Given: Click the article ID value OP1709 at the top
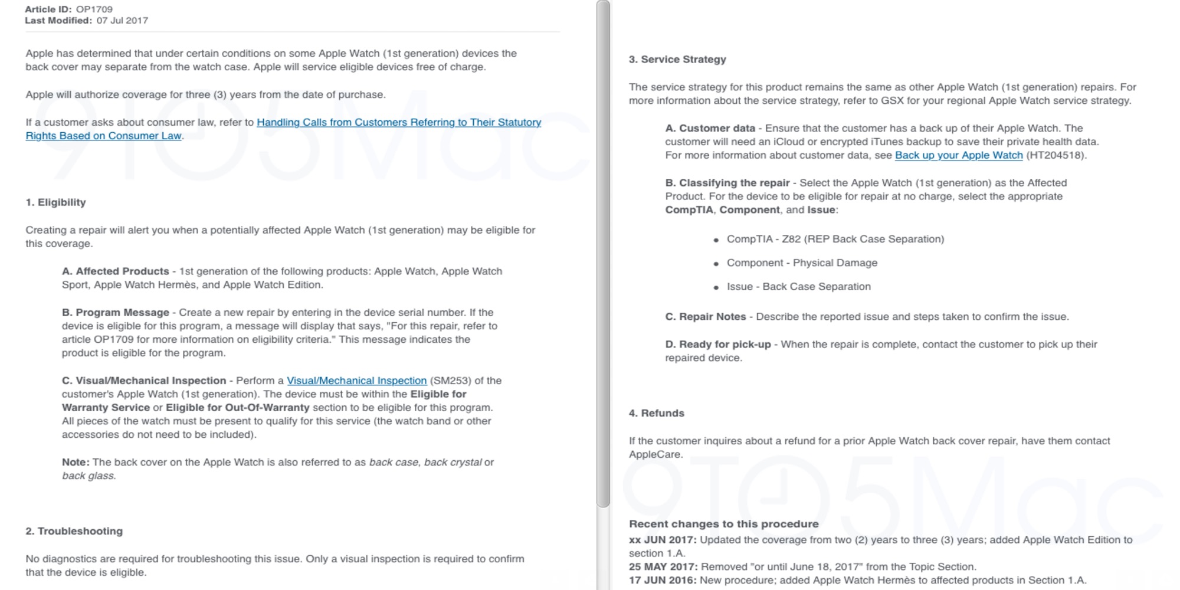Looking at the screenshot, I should point(94,9).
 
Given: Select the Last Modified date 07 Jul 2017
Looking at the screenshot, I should point(122,21).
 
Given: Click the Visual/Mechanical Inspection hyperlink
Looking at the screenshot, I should point(356,381).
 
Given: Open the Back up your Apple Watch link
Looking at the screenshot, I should point(959,156).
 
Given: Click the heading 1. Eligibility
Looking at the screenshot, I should point(55,202).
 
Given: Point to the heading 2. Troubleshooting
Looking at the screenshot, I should point(74,531).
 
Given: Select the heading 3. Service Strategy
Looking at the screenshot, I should point(677,60).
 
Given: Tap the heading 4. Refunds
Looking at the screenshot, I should point(656,414).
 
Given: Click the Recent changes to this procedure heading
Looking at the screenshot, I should point(723,524).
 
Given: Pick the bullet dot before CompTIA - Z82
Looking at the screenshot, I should point(716,240).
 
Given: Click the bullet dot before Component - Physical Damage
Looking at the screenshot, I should point(716,264).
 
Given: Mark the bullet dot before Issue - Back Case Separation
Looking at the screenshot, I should point(716,287).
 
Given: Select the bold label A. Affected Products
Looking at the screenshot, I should point(115,271).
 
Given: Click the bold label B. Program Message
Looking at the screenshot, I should point(115,313).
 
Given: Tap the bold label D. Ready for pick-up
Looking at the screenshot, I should point(718,345).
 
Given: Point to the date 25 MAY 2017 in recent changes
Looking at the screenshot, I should point(663,567).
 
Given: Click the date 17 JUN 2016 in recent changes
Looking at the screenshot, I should point(663,581).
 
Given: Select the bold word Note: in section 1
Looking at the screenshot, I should point(76,463).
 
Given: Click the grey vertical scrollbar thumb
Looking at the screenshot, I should point(603,254).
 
